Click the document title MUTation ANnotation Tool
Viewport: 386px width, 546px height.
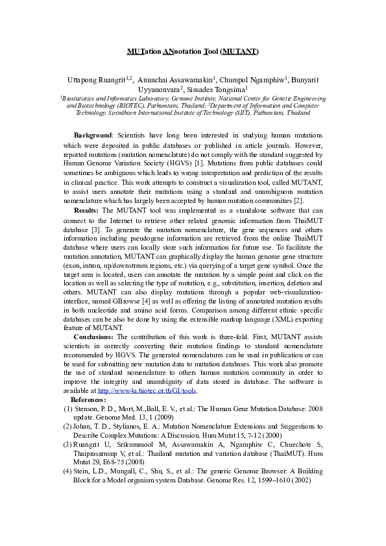193,50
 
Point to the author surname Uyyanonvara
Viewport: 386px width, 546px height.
160,89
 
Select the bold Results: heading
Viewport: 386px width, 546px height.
86,211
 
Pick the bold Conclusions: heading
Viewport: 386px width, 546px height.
93,337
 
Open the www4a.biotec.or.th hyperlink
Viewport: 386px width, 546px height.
147,392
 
